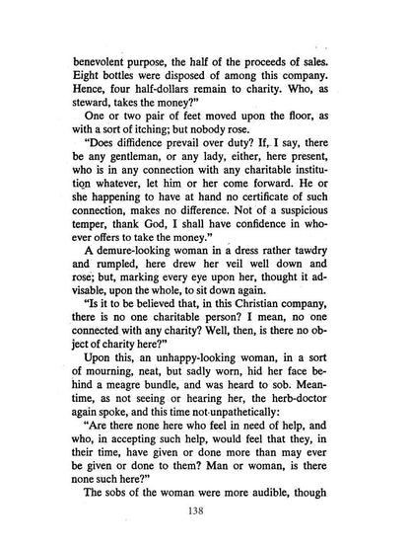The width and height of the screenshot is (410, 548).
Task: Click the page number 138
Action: (x=205, y=510)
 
